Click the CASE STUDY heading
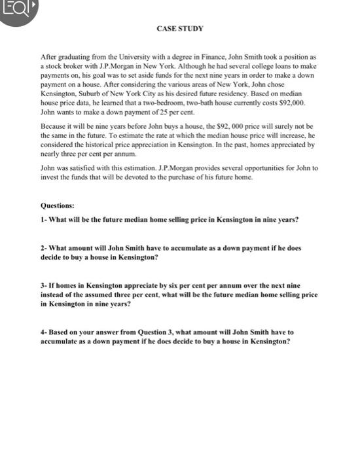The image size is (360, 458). [180, 29]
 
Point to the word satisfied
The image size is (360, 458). [83, 167]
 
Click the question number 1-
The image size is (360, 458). [44, 219]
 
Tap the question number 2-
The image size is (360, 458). [44, 249]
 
